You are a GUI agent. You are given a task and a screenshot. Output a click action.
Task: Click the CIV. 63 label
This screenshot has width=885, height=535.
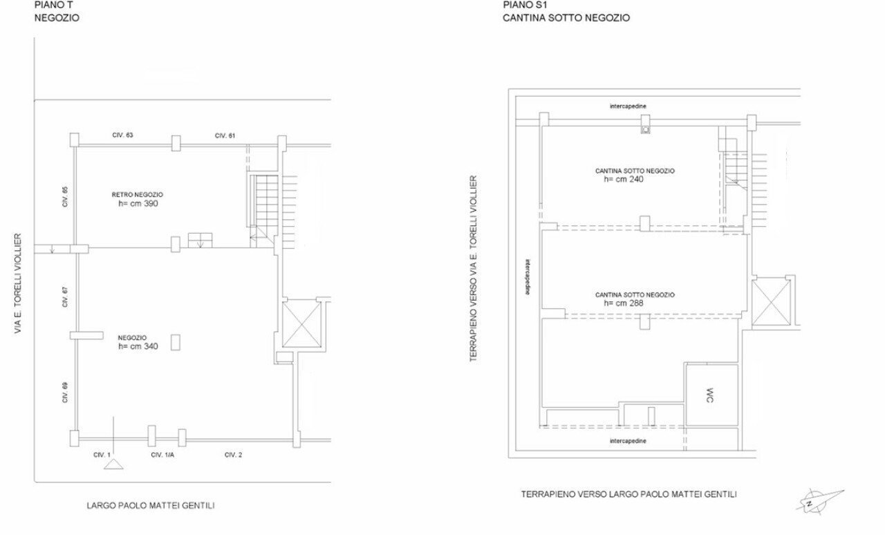click(122, 135)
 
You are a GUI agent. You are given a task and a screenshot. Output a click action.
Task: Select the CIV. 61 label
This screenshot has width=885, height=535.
click(225, 135)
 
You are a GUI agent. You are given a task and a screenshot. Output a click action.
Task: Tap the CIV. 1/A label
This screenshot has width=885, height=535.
click(163, 454)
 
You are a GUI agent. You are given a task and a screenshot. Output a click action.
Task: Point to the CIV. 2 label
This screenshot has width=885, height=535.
click(233, 454)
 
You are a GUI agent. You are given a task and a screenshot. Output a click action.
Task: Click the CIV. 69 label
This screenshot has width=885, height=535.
click(65, 392)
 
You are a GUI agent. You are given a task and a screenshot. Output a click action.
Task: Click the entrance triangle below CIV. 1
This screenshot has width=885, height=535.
click(113, 465)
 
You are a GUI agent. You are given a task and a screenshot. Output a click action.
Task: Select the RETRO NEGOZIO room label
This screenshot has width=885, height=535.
click(138, 195)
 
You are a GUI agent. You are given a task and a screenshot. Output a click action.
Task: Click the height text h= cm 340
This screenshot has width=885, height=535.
click(138, 346)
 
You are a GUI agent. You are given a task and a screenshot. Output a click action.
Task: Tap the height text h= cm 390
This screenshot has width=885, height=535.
click(139, 204)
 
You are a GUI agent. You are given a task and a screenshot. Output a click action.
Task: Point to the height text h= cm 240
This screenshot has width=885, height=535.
click(624, 178)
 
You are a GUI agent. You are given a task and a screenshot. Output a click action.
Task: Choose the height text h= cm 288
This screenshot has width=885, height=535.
click(624, 303)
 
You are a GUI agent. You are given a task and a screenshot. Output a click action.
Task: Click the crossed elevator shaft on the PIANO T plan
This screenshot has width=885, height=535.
click(303, 324)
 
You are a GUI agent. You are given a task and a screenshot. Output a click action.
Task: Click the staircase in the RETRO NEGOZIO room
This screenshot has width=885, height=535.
click(263, 207)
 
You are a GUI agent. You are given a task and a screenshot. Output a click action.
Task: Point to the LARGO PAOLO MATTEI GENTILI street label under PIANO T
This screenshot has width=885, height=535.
click(151, 505)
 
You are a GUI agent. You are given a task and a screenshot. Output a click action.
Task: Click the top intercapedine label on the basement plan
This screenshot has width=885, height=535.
click(628, 106)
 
